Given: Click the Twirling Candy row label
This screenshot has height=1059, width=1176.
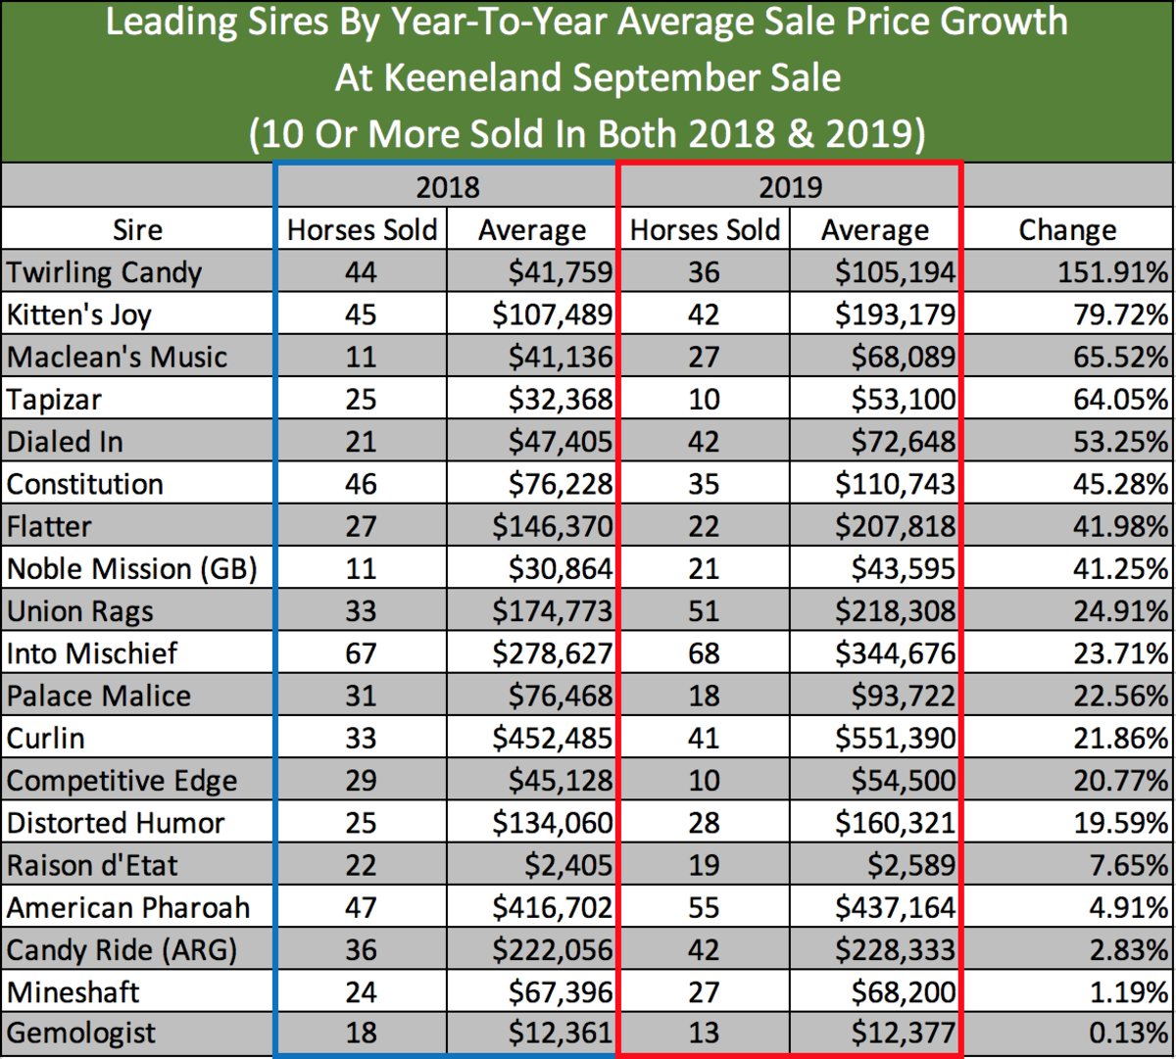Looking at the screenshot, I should click(x=104, y=272).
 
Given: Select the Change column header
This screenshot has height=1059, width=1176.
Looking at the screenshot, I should click(x=1067, y=230).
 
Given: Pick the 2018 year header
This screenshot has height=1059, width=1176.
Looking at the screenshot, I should click(x=447, y=187).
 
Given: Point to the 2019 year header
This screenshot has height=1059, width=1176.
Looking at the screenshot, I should click(x=790, y=187).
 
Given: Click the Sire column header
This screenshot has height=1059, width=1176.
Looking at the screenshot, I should click(x=137, y=230).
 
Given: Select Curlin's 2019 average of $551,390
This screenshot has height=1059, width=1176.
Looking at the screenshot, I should click(x=895, y=738).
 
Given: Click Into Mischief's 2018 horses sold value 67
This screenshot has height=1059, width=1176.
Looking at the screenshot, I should click(x=361, y=653).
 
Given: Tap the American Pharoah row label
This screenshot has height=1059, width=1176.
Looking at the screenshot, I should click(x=128, y=907).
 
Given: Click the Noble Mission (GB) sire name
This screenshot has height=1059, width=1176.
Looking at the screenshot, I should click(x=131, y=569).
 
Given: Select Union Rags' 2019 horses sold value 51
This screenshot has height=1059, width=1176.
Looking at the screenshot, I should click(x=704, y=611).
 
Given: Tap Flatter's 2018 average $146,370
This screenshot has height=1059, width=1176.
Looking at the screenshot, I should click(x=553, y=526).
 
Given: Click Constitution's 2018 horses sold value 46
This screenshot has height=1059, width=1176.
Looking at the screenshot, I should click(x=361, y=484).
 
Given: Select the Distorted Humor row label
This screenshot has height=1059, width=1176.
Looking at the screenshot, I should click(x=116, y=823).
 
